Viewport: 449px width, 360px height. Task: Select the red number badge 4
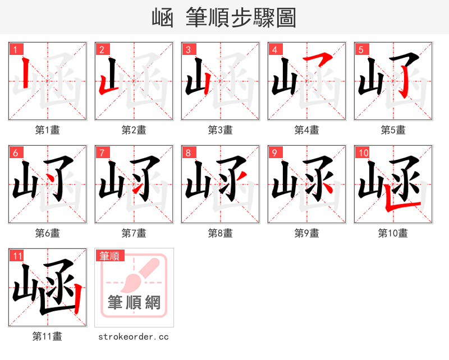pos(275,49)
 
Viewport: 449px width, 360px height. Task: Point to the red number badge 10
pos(363,153)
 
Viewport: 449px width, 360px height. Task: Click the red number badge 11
pos(17,256)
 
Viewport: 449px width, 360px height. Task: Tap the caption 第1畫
pos(47,130)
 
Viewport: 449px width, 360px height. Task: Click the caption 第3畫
pos(220,130)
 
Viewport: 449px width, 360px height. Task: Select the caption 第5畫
pos(393,130)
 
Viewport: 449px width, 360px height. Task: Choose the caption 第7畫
pos(134,233)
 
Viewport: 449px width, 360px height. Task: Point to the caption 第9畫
pos(306,233)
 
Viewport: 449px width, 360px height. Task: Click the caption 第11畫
pos(47,336)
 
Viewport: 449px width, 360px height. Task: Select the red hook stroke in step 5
pos(403,84)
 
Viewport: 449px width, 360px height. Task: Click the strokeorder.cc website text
pos(134,336)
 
